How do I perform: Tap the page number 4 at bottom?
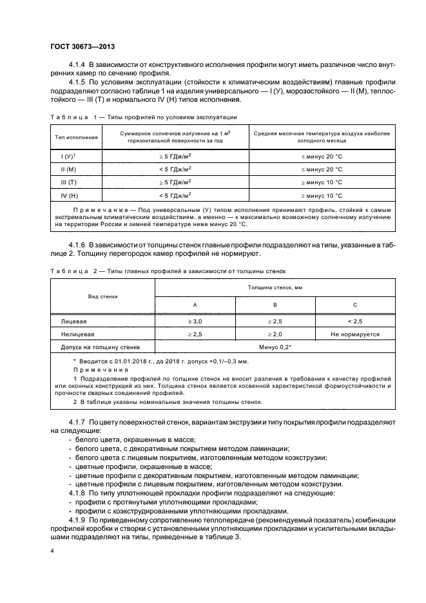click(x=52, y=551)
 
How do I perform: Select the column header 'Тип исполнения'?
click(x=77, y=137)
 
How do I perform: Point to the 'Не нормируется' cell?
click(x=355, y=334)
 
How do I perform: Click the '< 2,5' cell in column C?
click(x=355, y=321)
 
